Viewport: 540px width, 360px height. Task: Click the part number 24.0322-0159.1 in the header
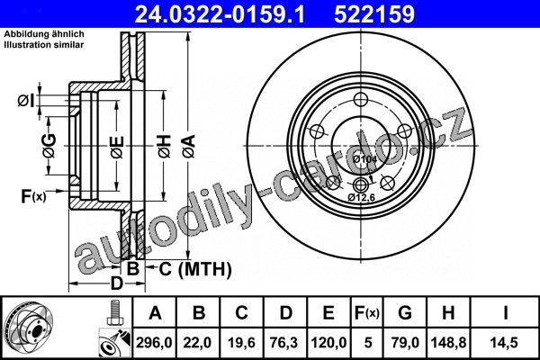pos(220,14)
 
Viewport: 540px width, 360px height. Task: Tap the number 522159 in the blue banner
pos(374,14)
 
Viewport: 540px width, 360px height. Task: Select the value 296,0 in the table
pos(154,342)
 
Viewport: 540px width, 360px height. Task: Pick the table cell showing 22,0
pos(197,342)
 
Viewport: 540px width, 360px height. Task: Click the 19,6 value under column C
pos(241,342)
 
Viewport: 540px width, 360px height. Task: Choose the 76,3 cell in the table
pos(284,342)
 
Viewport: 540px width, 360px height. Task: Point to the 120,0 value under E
pos(328,342)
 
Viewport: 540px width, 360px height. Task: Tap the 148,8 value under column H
pos(448,342)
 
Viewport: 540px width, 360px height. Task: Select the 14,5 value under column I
pos(504,342)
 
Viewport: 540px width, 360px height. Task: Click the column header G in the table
pos(405,313)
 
